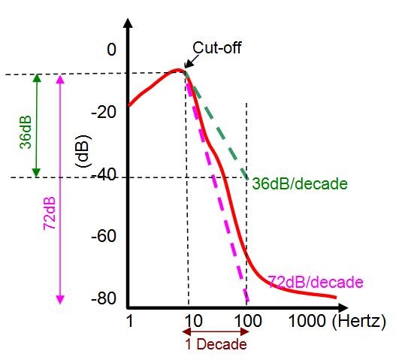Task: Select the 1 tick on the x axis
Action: (x=130, y=322)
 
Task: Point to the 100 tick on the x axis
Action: (x=246, y=322)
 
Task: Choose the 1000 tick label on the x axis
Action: (x=306, y=322)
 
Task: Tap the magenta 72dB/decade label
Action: (x=315, y=281)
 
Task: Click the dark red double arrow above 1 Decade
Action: (x=217, y=331)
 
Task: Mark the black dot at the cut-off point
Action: (x=186, y=71)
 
